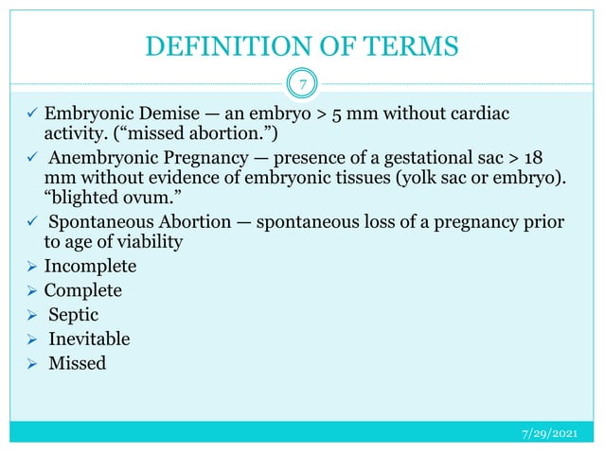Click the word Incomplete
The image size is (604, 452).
coord(90,266)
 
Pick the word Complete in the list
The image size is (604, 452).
coord(83,290)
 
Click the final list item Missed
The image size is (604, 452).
coord(78,363)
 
